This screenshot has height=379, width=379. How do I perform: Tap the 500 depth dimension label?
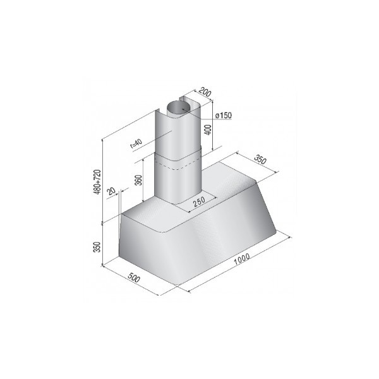point(134,277)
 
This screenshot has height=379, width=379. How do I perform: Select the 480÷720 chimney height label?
point(97,182)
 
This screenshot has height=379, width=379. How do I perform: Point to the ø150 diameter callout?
point(224,116)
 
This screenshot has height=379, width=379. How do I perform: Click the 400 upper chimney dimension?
point(208,129)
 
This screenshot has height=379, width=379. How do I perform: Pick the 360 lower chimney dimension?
point(138,180)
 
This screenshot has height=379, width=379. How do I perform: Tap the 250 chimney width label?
point(200,202)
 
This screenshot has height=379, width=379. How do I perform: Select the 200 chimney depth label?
point(205,92)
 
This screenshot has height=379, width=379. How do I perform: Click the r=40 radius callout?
point(136,144)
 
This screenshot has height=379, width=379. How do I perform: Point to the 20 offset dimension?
point(111,191)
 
